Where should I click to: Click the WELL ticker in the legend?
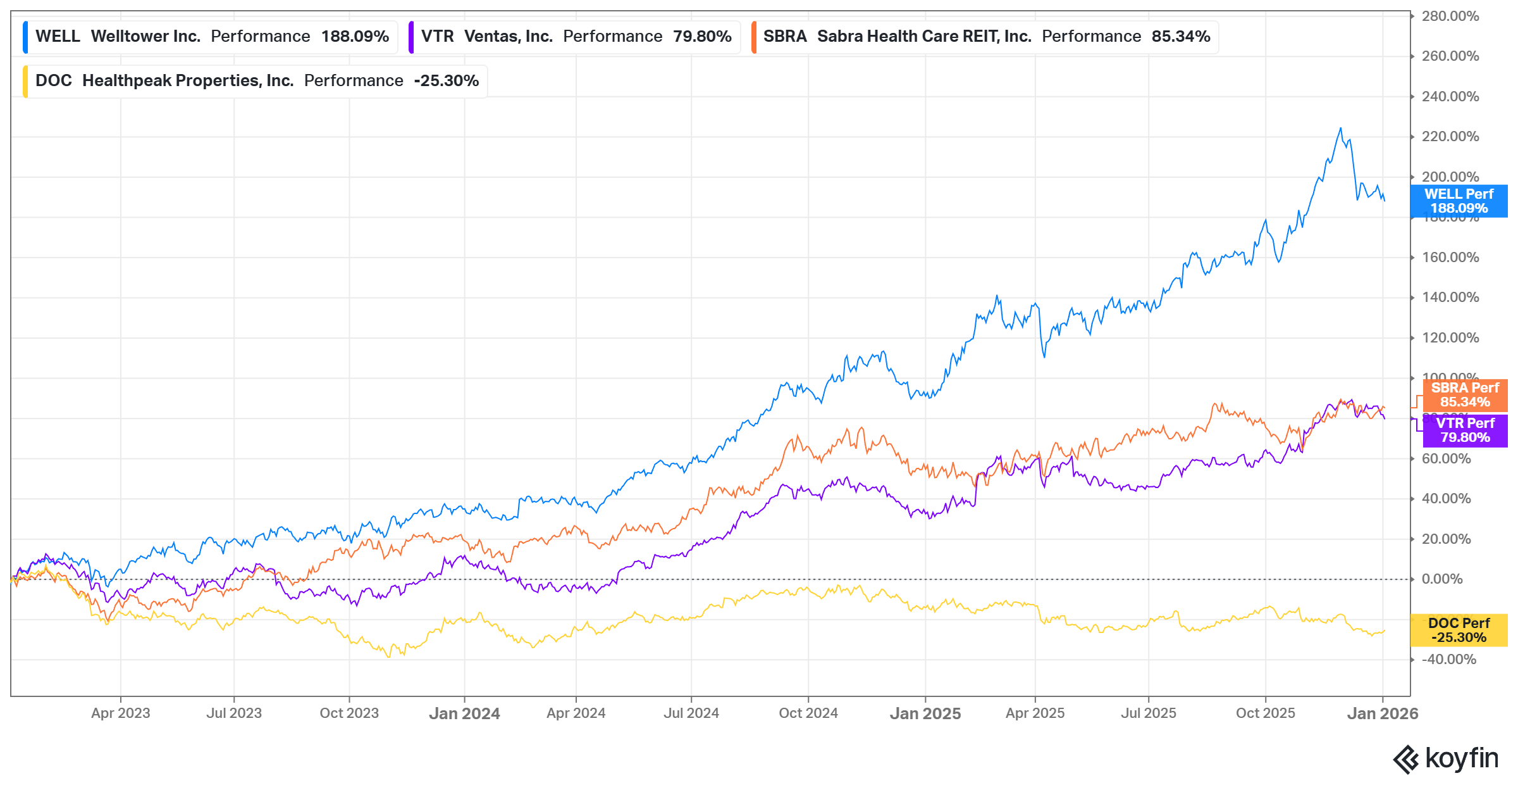[x=58, y=37]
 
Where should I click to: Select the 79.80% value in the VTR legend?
[x=702, y=37]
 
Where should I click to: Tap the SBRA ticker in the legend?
[x=784, y=37]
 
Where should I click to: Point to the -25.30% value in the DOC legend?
[x=446, y=81]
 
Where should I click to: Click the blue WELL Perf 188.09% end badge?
[x=1459, y=201]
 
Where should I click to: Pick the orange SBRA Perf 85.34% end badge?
[x=1465, y=395]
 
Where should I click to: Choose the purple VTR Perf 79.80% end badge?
[x=1465, y=430]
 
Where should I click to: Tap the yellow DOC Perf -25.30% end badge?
[x=1459, y=631]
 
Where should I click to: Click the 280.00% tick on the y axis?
[x=1450, y=16]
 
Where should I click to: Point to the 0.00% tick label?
[x=1441, y=579]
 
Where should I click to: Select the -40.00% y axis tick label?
[x=1448, y=660]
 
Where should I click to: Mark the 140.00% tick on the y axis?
[x=1450, y=298]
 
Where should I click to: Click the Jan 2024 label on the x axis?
[x=464, y=713]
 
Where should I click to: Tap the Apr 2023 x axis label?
[x=121, y=713]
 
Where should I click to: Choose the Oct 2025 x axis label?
[x=1265, y=713]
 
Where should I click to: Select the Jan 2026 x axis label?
[x=1382, y=713]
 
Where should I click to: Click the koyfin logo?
[x=1446, y=758]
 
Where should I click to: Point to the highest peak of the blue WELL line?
[x=1340, y=129]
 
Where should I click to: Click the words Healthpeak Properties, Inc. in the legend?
[x=188, y=81]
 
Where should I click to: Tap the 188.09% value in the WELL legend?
[x=355, y=37]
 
